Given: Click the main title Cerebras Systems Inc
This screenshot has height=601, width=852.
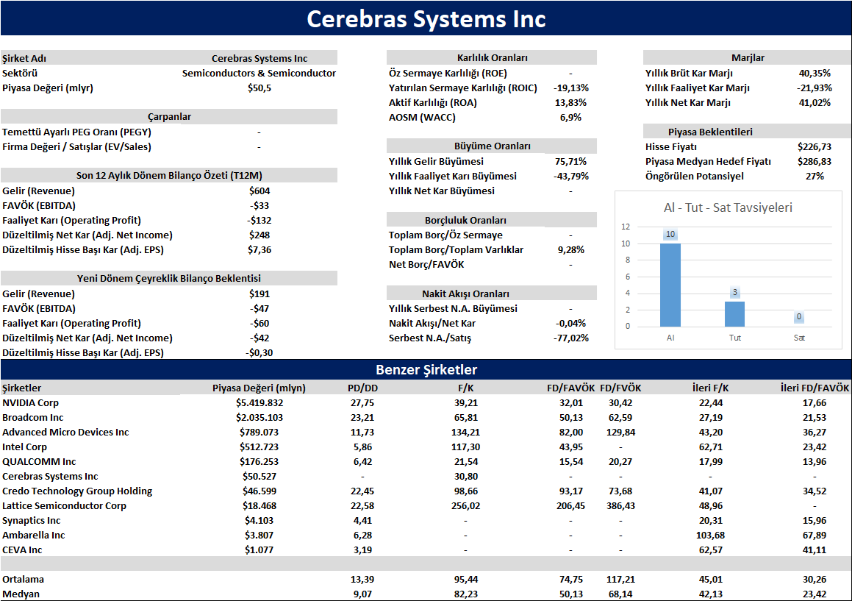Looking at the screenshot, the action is (x=426, y=19).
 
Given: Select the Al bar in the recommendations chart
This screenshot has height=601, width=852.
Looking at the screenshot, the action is (x=670, y=285).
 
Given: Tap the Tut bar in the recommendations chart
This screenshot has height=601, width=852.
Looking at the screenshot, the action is (x=734, y=314).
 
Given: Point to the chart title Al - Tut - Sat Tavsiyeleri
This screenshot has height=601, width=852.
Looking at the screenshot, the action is (x=728, y=207).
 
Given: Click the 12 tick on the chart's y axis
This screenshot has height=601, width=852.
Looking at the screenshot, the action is (x=626, y=227).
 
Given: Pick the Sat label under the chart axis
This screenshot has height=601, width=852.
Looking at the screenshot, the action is (x=799, y=338).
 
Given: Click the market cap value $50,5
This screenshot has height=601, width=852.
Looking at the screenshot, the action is (x=259, y=88).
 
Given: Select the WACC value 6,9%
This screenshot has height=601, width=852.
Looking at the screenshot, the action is (x=570, y=118).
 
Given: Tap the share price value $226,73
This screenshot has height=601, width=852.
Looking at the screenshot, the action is (x=815, y=147).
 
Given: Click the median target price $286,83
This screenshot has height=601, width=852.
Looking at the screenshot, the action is (x=815, y=162).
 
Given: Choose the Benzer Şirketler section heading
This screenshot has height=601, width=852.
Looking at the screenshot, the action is (x=426, y=370).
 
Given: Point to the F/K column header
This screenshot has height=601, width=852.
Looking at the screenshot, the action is (x=465, y=388).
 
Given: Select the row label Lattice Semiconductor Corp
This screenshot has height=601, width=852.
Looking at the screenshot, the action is (x=64, y=506).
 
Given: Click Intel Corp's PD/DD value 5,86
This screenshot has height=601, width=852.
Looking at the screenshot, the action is (x=362, y=447).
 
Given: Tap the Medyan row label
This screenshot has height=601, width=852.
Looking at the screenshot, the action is (x=21, y=594).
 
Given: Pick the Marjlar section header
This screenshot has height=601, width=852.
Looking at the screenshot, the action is (x=748, y=57).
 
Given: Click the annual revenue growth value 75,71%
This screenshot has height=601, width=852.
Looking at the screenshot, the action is (x=570, y=162).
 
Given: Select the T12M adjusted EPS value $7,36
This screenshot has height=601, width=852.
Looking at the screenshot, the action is (x=259, y=250).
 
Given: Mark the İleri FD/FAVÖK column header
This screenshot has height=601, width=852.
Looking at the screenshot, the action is (x=815, y=388).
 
